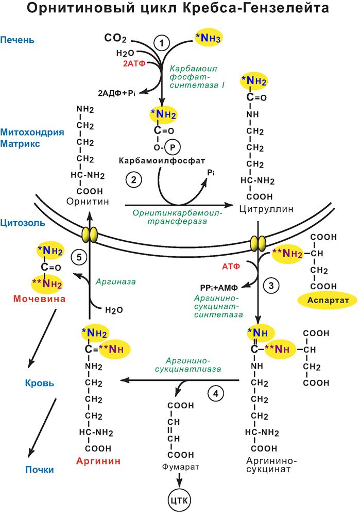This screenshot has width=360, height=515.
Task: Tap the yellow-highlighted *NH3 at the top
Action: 210,38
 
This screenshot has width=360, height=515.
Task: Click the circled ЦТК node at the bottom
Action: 180,499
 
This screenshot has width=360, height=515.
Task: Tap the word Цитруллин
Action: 263,209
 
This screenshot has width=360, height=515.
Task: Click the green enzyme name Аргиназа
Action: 114,282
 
